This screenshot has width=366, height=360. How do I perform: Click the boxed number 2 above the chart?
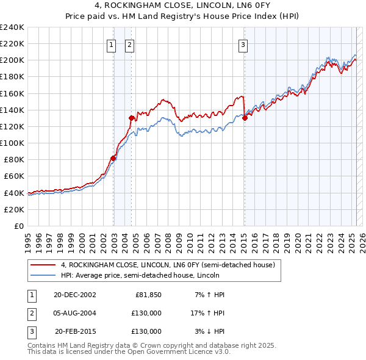[130, 44]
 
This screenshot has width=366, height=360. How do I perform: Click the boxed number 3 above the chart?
[243, 44]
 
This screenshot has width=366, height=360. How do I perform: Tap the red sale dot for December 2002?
[113, 158]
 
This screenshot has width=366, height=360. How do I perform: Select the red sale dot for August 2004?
[131, 118]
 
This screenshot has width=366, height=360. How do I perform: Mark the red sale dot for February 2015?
[245, 118]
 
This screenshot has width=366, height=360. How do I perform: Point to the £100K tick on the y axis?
[12, 143]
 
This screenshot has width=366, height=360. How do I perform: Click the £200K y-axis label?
[12, 60]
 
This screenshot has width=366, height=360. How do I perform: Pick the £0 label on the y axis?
[18, 226]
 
